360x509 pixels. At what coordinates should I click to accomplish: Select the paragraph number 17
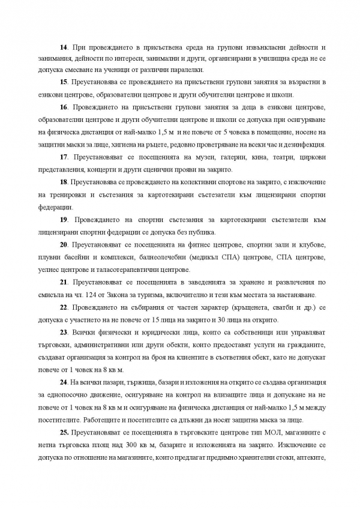click(x=62, y=157)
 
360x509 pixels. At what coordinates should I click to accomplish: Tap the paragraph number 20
click(x=62, y=245)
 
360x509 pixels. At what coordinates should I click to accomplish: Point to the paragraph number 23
click(x=62, y=333)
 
